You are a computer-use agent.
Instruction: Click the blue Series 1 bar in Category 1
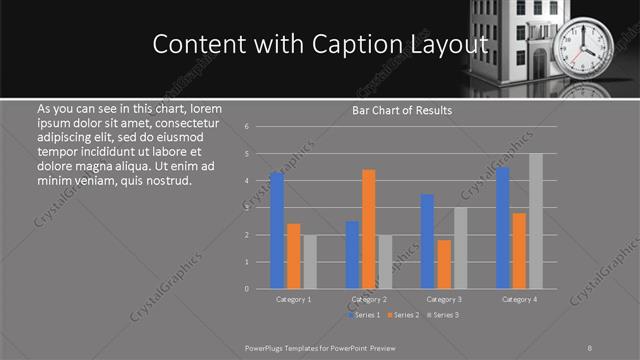click(277, 231)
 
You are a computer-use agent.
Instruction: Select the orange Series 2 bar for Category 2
click(369, 229)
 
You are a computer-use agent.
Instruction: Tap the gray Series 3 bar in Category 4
click(536, 221)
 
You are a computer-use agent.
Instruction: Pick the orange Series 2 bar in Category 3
click(444, 264)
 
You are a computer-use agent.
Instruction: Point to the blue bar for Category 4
click(502, 228)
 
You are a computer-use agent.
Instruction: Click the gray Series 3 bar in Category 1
click(310, 262)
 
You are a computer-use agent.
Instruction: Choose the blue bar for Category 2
click(352, 255)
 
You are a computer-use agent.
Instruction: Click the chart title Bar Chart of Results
click(402, 110)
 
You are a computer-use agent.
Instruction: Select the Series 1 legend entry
click(363, 315)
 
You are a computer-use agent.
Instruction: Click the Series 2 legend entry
click(403, 315)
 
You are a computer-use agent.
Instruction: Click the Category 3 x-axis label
click(443, 299)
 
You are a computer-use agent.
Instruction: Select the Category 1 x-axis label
click(293, 299)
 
